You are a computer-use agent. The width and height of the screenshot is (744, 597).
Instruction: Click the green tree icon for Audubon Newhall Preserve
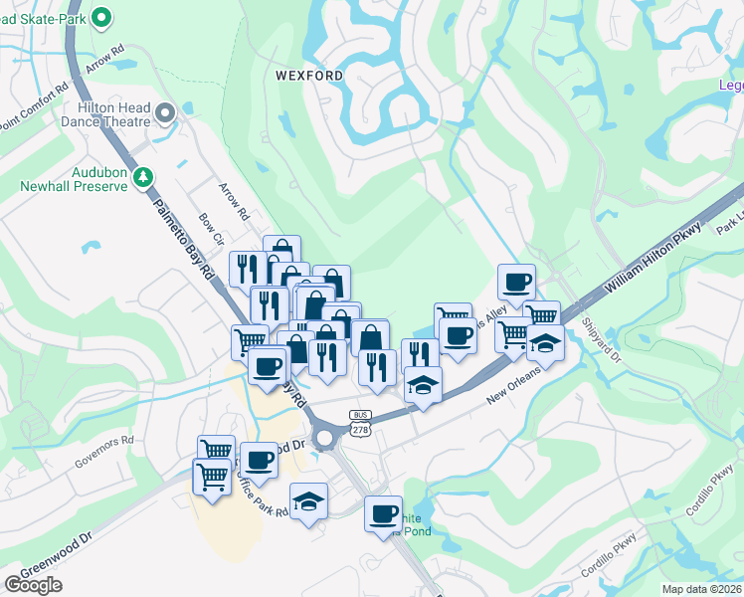pyautogui.click(x=144, y=177)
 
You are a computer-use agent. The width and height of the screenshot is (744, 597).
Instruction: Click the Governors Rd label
pyautogui.click(x=110, y=441)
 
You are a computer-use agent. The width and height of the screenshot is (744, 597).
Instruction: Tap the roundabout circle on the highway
pyautogui.click(x=325, y=436)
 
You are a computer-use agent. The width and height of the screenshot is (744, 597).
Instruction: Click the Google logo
pyautogui.click(x=33, y=584)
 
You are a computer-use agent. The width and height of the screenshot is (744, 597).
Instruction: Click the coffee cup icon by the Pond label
pyautogui.click(x=383, y=513)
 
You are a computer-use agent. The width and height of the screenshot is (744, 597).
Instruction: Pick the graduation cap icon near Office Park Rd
pyautogui.click(x=309, y=501)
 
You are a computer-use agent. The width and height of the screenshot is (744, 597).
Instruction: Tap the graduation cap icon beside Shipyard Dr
pyautogui.click(x=545, y=342)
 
